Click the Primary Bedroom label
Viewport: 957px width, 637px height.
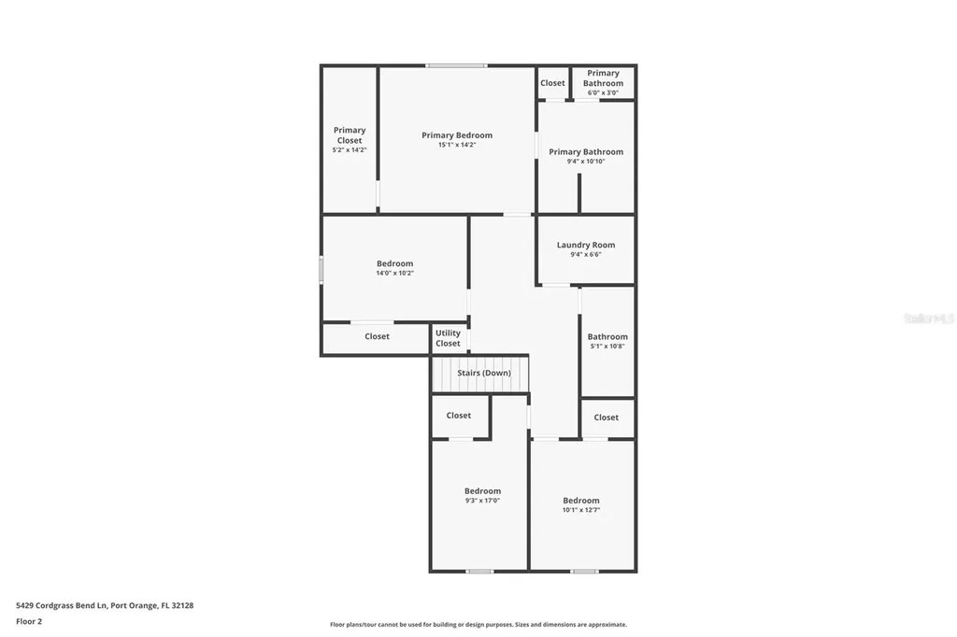pyautogui.click(x=456, y=135)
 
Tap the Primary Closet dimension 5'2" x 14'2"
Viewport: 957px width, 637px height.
pyautogui.click(x=350, y=150)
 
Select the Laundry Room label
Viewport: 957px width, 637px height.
pyautogui.click(x=586, y=245)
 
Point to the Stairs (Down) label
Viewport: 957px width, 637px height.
pyautogui.click(x=483, y=373)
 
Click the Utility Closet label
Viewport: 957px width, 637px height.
pyautogui.click(x=448, y=338)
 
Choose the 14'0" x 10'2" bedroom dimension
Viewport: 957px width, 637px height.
pyautogui.click(x=394, y=274)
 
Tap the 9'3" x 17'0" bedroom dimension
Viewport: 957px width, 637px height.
pyautogui.click(x=482, y=501)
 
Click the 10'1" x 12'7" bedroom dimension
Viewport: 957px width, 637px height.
pyautogui.click(x=580, y=510)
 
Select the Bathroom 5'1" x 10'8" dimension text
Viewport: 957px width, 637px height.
pyautogui.click(x=607, y=347)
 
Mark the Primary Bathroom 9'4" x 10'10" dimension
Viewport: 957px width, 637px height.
pyautogui.click(x=586, y=162)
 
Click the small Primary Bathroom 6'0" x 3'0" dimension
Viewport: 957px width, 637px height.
pyautogui.click(x=603, y=92)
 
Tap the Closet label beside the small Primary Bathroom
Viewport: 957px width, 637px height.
pyautogui.click(x=552, y=83)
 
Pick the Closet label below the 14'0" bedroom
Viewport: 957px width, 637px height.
pyautogui.click(x=377, y=336)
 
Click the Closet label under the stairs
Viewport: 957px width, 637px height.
pyautogui.click(x=458, y=416)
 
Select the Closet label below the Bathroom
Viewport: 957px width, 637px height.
pyautogui.click(x=606, y=418)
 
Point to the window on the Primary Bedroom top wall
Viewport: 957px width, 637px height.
pyautogui.click(x=456, y=65)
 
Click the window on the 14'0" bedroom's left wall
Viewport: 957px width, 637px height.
pyautogui.click(x=321, y=270)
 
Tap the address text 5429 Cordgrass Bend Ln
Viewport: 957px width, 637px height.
pyautogui.click(x=105, y=605)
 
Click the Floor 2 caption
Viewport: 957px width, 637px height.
pyautogui.click(x=29, y=621)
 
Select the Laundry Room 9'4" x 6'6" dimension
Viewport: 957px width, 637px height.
pyautogui.click(x=586, y=254)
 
